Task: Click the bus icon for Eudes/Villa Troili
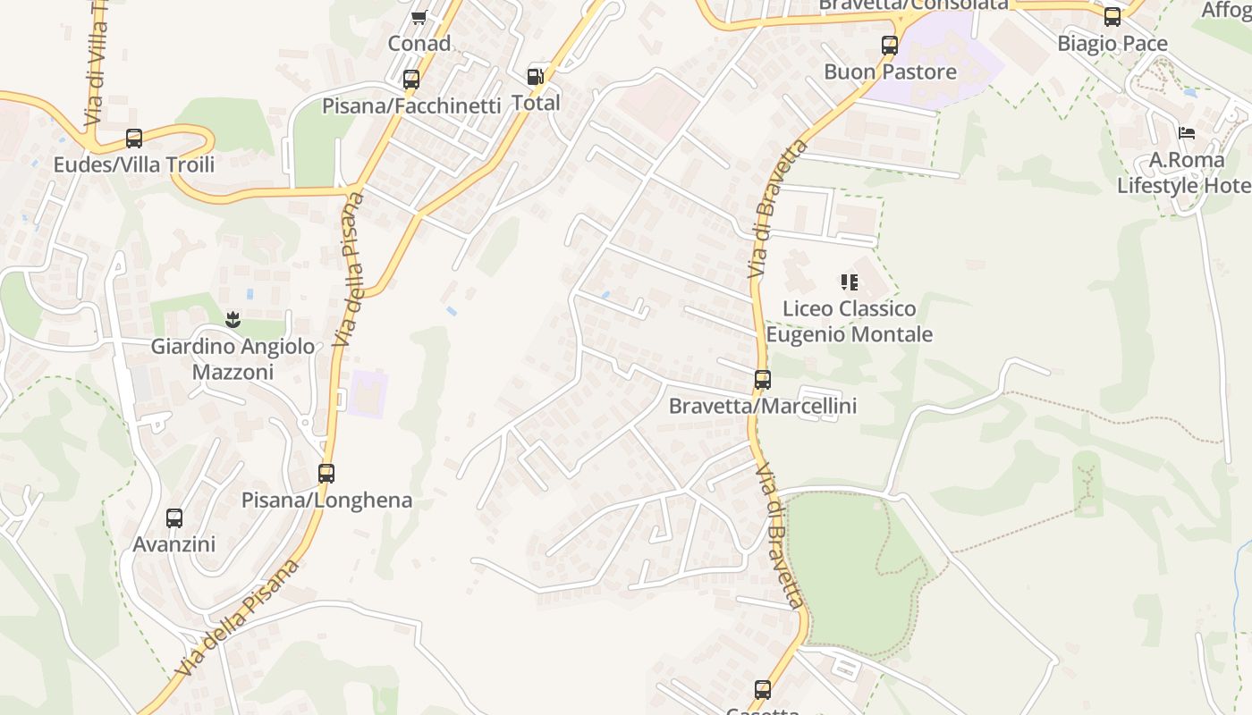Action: (x=134, y=139)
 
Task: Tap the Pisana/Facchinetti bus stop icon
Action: (x=411, y=80)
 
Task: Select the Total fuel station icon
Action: (x=536, y=77)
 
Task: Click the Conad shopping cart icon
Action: (x=419, y=17)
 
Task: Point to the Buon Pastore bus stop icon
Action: (x=890, y=46)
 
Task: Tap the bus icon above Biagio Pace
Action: (x=1112, y=17)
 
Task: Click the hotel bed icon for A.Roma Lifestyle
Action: (x=1187, y=133)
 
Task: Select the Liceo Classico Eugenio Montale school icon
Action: (x=850, y=283)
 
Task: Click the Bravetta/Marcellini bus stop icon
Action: (x=763, y=380)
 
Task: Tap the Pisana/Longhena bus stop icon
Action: (x=326, y=474)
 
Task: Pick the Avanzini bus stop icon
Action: (x=174, y=518)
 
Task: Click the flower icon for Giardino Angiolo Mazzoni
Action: (x=233, y=319)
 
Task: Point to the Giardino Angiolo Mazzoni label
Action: (x=233, y=358)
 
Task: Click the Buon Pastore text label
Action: (x=890, y=71)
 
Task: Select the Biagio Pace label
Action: (x=1112, y=43)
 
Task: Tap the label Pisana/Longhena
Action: (x=326, y=500)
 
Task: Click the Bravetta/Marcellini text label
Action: (x=763, y=406)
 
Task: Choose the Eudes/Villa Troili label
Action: (x=134, y=164)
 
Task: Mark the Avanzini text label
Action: (x=174, y=544)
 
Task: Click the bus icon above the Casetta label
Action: (x=763, y=690)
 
